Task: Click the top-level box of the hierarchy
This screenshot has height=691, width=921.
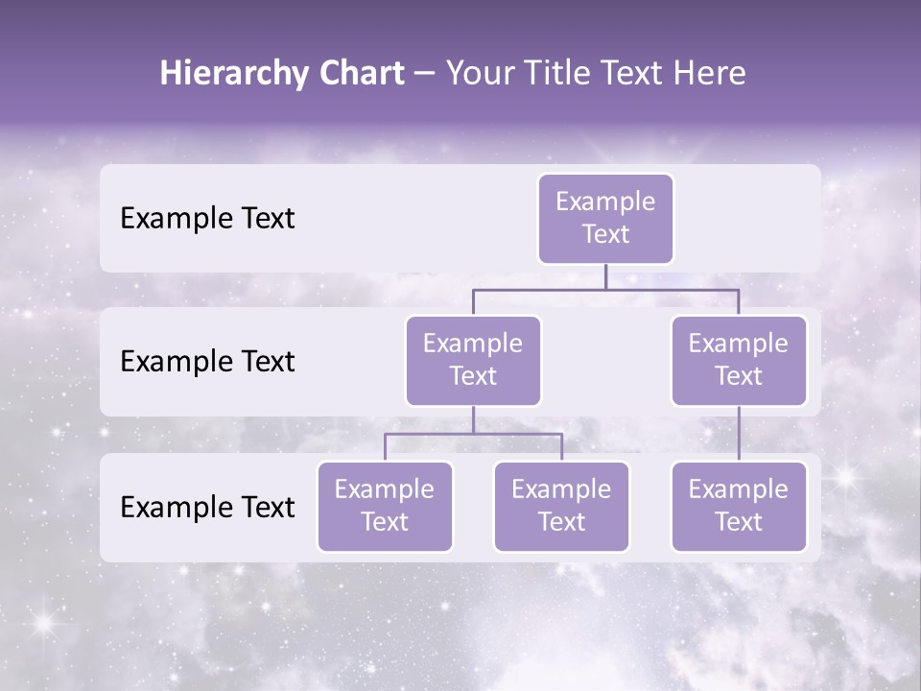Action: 605,219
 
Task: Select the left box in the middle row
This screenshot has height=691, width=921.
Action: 473,361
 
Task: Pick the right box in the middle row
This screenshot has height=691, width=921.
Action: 739,361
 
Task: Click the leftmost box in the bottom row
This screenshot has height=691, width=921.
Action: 385,507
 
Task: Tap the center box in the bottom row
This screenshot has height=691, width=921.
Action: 561,507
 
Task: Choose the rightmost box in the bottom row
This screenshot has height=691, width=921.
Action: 739,507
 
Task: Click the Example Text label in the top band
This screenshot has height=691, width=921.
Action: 207,219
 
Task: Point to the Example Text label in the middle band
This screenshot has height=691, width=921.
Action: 207,362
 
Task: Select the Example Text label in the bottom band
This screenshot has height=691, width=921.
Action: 207,508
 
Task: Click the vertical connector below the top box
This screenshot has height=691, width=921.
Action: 605,276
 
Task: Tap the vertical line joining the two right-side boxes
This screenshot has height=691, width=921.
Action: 739,434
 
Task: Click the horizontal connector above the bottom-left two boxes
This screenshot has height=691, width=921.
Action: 473,434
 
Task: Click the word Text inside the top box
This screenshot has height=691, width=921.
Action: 605,234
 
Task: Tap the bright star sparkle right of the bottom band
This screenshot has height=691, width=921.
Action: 846,477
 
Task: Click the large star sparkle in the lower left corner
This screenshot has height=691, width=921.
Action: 42,623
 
